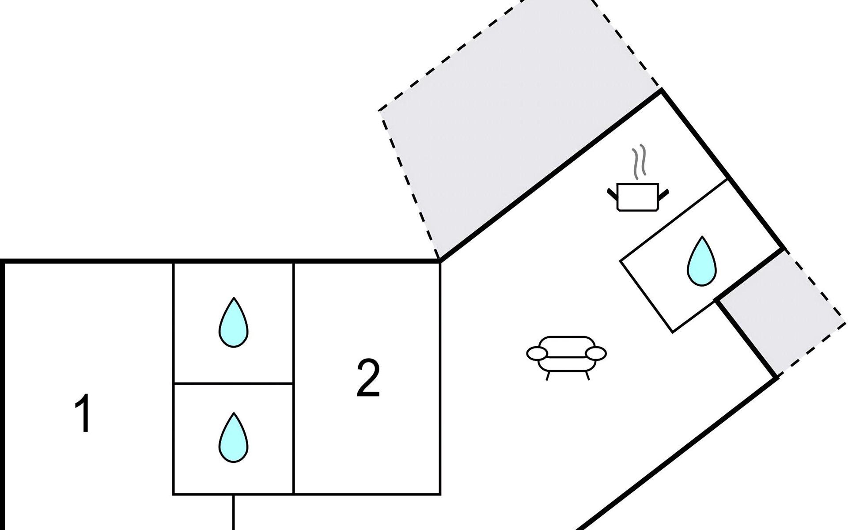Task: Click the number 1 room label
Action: (x=83, y=413)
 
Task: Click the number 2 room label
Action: (x=368, y=378)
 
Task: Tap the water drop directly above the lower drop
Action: (x=234, y=322)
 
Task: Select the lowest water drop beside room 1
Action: (x=234, y=438)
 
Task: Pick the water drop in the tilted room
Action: (x=702, y=261)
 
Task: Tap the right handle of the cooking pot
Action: (x=664, y=193)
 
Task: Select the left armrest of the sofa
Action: (x=537, y=353)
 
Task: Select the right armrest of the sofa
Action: (x=596, y=353)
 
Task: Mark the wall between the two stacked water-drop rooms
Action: (x=234, y=383)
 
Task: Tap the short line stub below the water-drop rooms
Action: (x=233, y=512)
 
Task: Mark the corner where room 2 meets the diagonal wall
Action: (x=439, y=261)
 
